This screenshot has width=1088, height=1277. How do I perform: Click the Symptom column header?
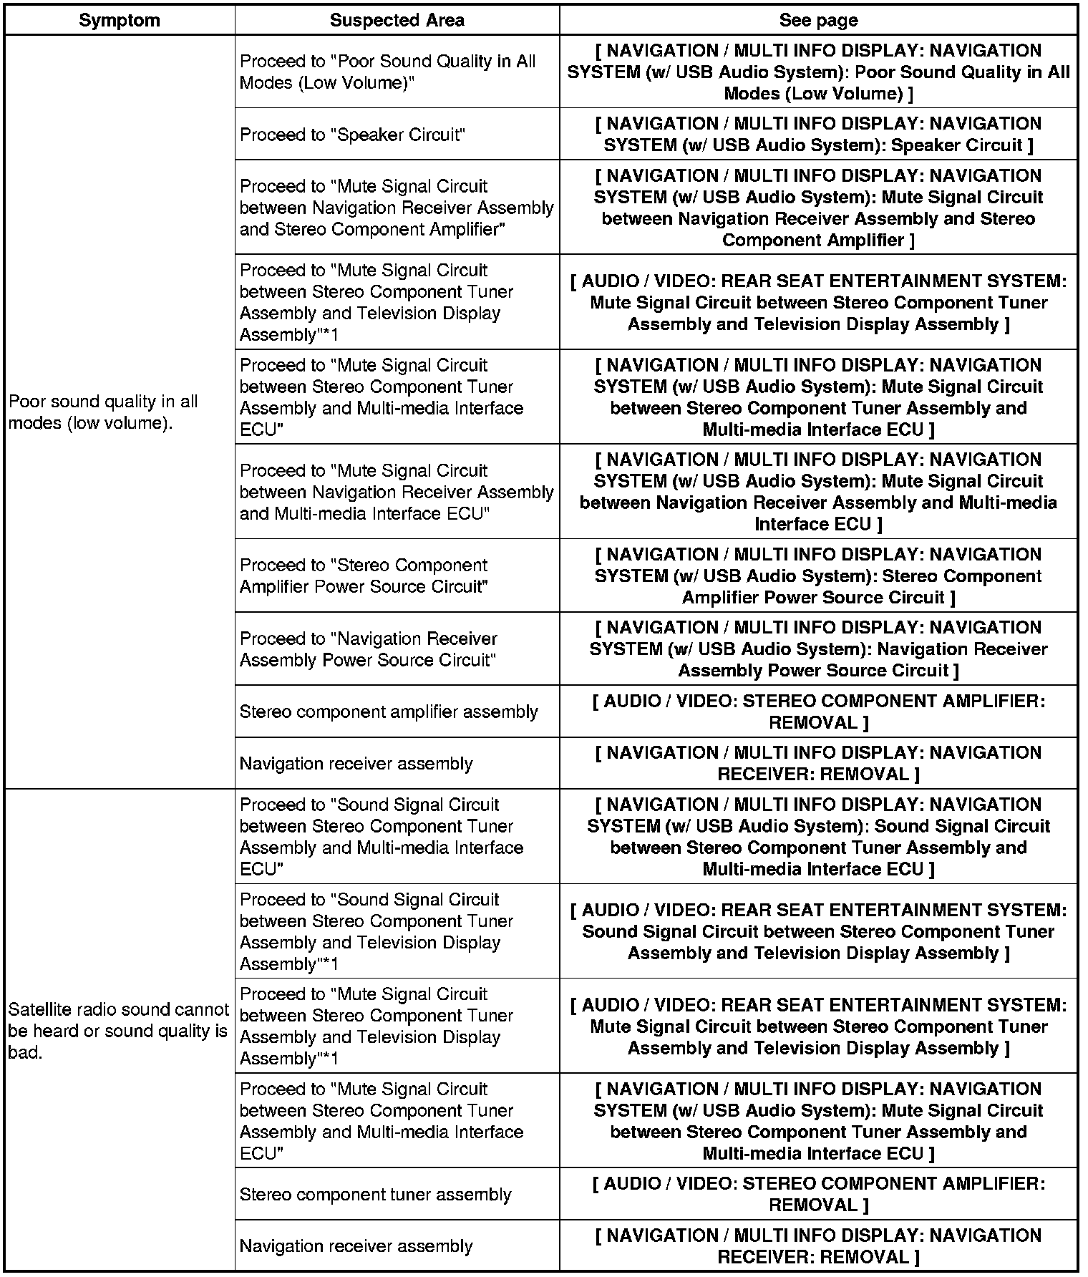click(x=120, y=20)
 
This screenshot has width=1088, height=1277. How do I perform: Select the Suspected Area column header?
click(x=397, y=20)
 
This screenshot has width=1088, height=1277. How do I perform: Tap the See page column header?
click(x=818, y=20)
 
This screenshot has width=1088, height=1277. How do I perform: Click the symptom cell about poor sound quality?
click(x=103, y=412)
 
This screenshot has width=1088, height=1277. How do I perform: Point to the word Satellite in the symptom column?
click(x=39, y=1009)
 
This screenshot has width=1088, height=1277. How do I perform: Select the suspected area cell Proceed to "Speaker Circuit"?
click(x=353, y=135)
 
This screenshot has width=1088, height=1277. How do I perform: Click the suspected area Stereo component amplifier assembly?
click(x=389, y=712)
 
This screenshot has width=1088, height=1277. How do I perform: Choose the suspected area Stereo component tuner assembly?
click(x=376, y=1194)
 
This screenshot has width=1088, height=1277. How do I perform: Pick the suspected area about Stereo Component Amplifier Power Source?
click(x=364, y=576)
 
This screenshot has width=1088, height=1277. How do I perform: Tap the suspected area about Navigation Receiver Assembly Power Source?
click(x=368, y=649)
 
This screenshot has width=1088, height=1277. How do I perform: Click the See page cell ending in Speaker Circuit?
click(x=818, y=135)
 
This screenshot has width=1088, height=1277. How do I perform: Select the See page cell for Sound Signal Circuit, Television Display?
click(x=818, y=931)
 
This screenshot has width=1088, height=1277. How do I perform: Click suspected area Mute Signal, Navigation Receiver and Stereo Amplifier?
click(x=397, y=208)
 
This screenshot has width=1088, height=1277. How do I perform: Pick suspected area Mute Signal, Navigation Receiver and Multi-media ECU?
click(x=397, y=492)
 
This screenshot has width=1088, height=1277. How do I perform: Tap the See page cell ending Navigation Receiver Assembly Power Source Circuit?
click(x=818, y=649)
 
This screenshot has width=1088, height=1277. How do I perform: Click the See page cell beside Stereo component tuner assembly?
click(x=818, y=1194)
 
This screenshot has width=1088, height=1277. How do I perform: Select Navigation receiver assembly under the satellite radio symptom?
click(x=356, y=1246)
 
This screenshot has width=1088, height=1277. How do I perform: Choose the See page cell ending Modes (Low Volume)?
click(x=818, y=72)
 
